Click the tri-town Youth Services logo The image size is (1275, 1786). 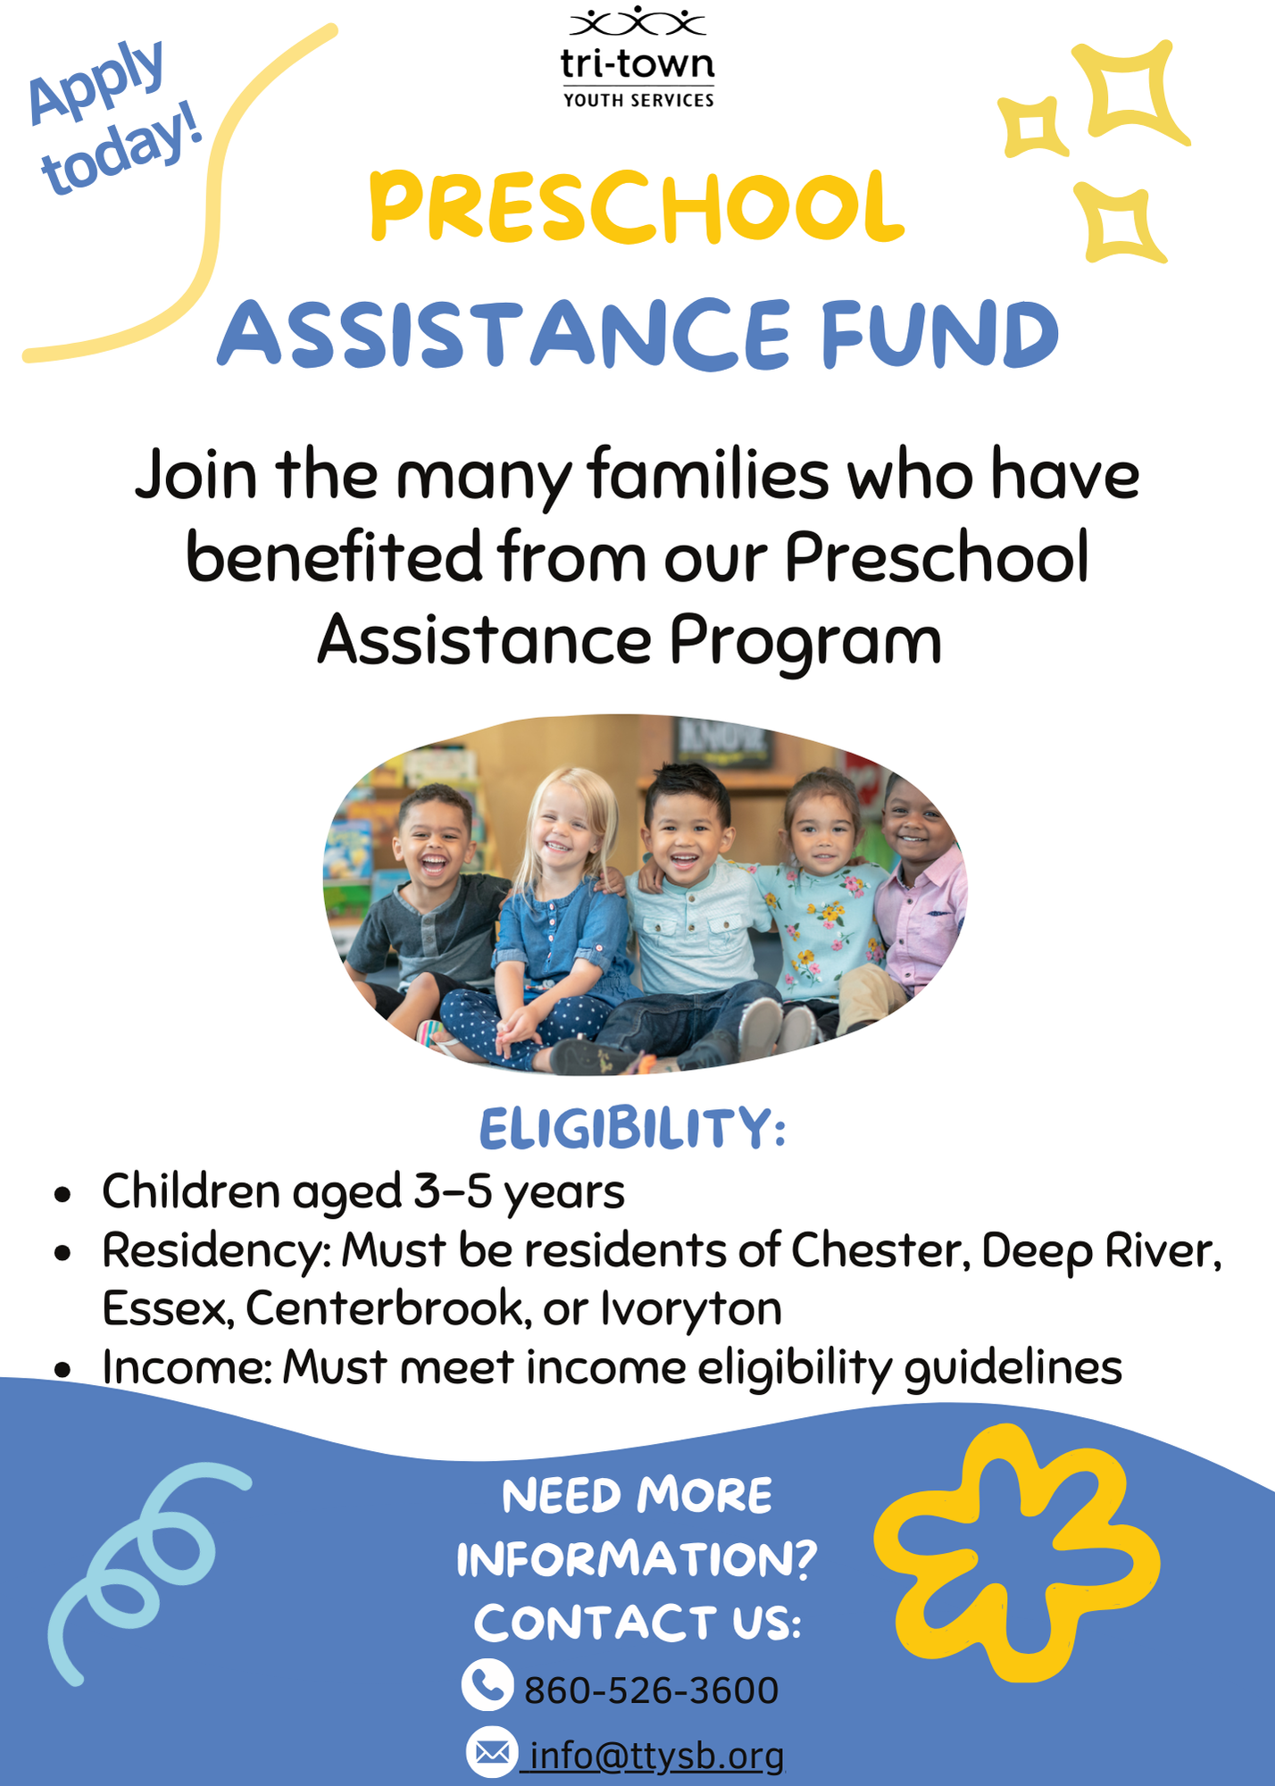(x=637, y=58)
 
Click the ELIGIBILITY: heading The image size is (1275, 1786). (x=632, y=1129)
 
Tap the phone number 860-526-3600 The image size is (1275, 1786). (x=652, y=1690)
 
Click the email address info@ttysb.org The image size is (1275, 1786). (x=656, y=1756)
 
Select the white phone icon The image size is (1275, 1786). (x=487, y=1686)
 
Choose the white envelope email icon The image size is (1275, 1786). (x=492, y=1753)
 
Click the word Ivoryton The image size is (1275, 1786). (x=691, y=1309)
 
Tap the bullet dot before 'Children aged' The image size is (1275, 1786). (x=62, y=1195)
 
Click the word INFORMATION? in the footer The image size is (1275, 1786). (x=637, y=1559)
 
